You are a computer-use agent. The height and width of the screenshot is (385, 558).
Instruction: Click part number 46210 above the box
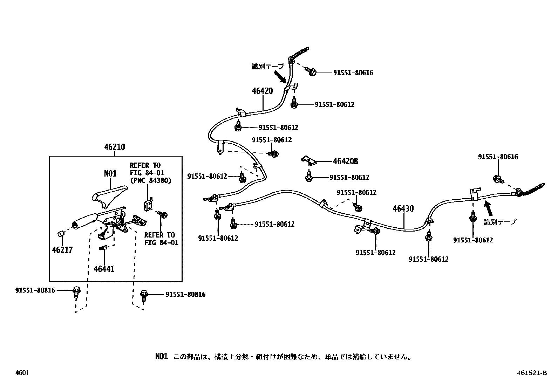pos(114,147)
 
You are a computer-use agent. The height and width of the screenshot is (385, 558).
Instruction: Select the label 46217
pos(62,250)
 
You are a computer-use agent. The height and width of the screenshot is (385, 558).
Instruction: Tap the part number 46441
pos(104,269)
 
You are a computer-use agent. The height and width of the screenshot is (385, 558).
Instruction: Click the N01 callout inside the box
pos(110,173)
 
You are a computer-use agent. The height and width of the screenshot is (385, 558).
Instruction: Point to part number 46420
pos(262,91)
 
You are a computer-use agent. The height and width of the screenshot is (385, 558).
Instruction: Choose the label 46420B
pos(345,161)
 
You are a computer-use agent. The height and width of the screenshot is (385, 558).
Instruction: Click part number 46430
pos(403,209)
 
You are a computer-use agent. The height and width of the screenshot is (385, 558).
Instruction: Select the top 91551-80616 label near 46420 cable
pos(353,73)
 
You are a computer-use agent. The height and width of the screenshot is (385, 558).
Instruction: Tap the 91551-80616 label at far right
pos(498,157)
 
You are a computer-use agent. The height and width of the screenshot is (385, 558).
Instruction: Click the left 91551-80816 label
pos(35,290)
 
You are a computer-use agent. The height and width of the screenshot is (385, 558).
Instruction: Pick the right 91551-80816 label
pos(185,295)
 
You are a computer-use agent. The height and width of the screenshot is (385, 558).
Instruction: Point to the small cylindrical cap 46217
pos(61,234)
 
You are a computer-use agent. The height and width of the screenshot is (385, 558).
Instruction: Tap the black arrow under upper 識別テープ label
pos(281,76)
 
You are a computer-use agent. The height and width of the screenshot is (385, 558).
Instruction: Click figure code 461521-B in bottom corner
pos(531,373)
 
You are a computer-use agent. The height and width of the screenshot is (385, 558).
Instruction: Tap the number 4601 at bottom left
pos(22,373)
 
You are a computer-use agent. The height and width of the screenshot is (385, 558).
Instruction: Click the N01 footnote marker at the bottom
pos(162,357)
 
